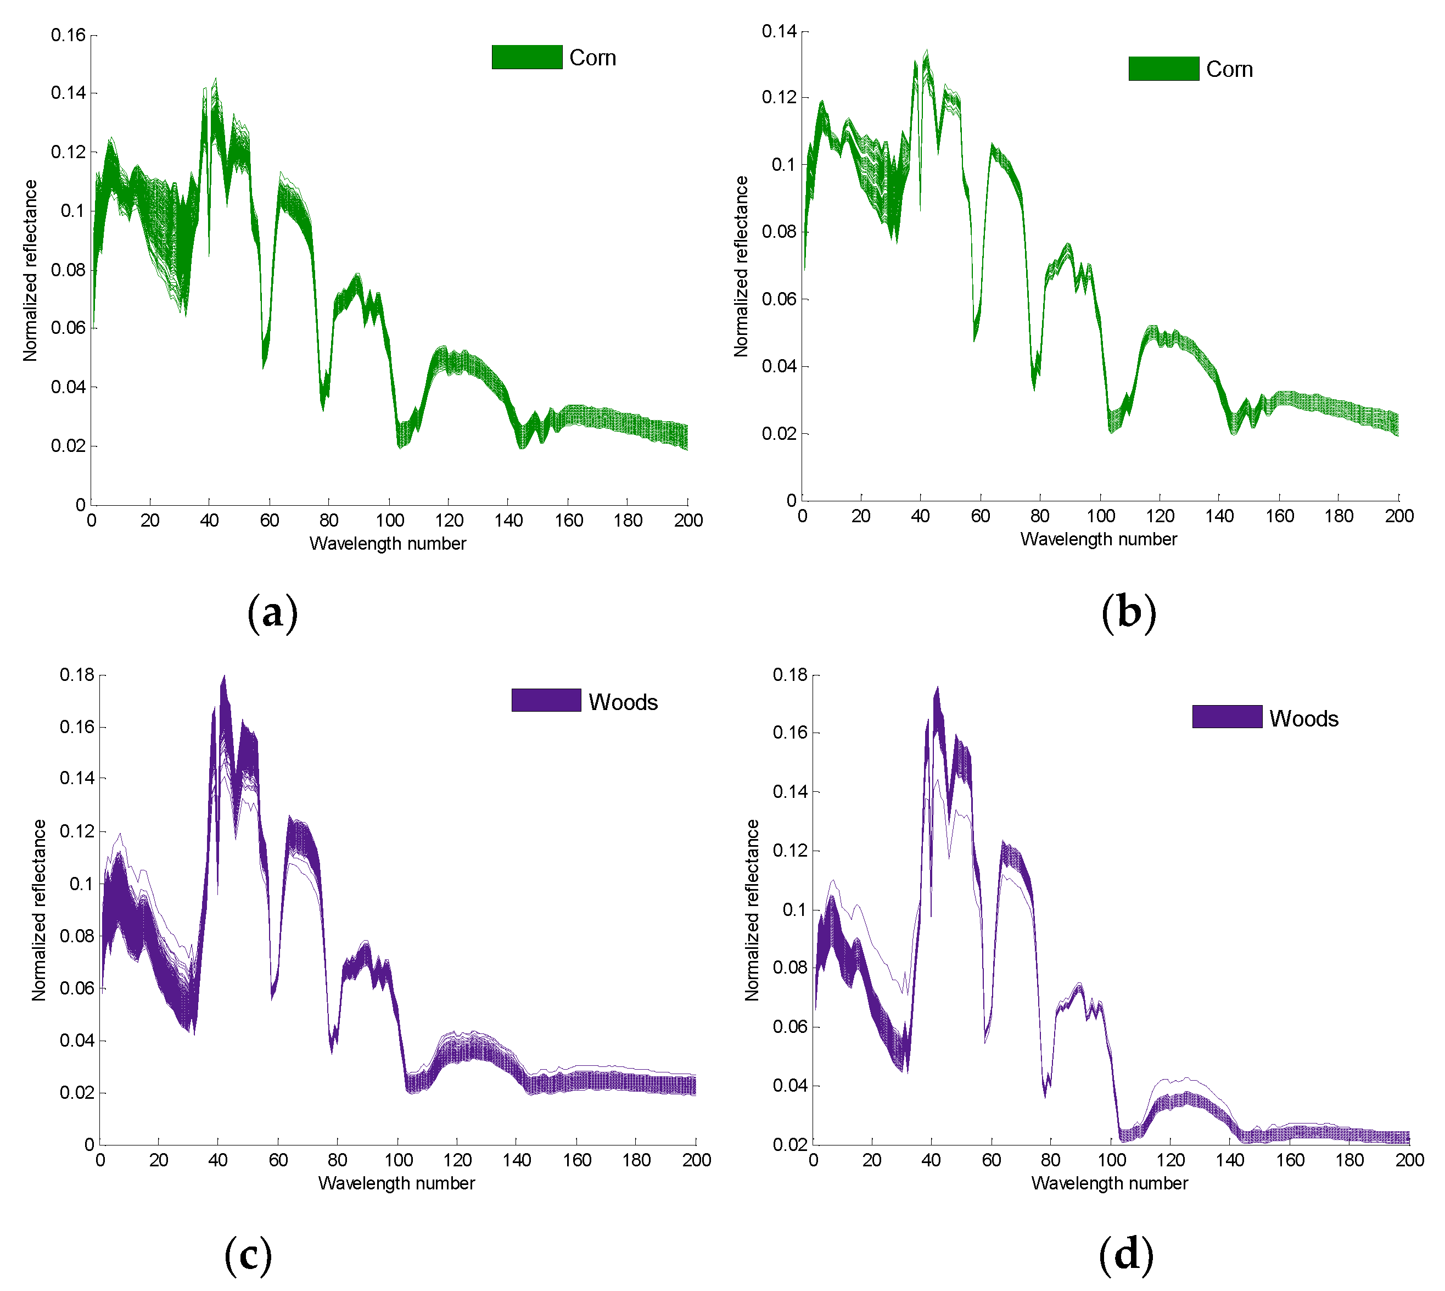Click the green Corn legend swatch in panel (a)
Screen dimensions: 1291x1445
(x=527, y=58)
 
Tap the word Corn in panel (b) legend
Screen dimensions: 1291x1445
(x=1229, y=70)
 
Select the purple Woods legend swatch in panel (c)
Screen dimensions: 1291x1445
(x=546, y=700)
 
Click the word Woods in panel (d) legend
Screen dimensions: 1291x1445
(x=1303, y=719)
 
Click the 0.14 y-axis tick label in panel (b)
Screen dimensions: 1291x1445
(x=779, y=31)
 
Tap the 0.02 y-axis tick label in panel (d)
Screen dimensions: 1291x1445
(x=790, y=1144)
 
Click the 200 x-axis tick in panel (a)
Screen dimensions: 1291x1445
(x=688, y=521)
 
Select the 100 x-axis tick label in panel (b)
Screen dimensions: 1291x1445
(x=1100, y=516)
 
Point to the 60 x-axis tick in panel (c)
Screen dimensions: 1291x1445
(x=278, y=1160)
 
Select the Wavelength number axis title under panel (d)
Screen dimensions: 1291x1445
(x=1109, y=1183)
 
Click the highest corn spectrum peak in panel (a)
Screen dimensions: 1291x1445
(x=216, y=80)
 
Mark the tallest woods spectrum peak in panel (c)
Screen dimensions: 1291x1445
(x=224, y=677)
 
